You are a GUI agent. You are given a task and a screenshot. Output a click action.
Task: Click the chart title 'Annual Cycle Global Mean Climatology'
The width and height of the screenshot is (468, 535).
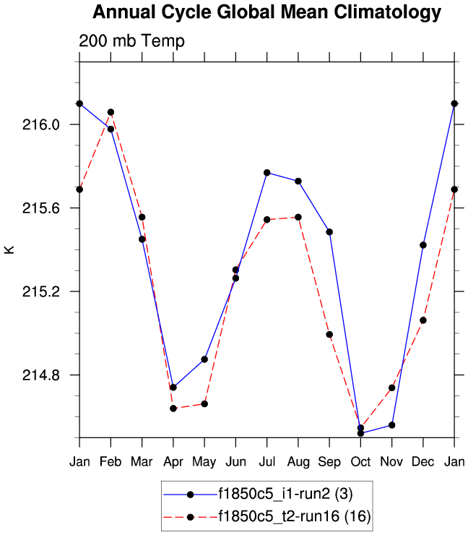click(266, 12)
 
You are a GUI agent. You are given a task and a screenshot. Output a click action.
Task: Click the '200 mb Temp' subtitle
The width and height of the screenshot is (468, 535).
click(132, 41)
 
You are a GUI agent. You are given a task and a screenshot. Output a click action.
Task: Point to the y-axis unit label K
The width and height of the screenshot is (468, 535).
click(9, 250)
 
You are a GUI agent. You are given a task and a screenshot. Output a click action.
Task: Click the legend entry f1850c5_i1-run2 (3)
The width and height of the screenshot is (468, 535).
click(285, 494)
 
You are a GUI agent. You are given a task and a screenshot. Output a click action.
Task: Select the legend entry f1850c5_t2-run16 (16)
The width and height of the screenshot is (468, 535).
click(290, 516)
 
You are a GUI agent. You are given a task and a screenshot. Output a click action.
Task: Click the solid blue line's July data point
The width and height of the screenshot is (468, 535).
click(266, 173)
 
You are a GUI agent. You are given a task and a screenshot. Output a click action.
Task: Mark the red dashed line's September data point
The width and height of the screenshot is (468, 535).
click(329, 335)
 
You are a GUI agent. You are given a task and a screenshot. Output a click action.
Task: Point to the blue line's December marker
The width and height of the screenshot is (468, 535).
click(423, 245)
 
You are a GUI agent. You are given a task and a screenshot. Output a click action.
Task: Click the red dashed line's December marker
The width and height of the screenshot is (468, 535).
click(423, 320)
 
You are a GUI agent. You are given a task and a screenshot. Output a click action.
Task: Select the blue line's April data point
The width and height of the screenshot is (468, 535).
click(173, 388)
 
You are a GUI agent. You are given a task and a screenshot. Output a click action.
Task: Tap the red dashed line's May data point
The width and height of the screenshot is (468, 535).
click(204, 404)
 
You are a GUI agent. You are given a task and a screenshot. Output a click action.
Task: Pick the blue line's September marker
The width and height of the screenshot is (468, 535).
click(329, 232)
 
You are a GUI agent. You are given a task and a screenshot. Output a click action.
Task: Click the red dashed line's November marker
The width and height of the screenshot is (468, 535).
click(391, 388)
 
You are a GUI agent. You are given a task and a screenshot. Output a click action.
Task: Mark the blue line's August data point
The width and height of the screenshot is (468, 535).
click(298, 181)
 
